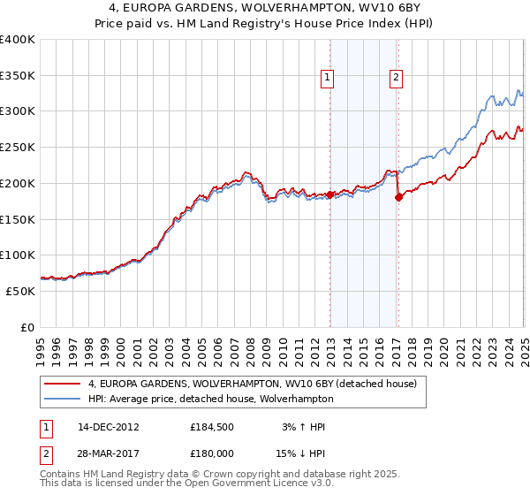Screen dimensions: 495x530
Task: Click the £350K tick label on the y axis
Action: tap(18, 76)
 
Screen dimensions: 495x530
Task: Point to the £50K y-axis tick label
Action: tap(20, 291)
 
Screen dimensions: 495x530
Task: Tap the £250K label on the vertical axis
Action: tap(18, 148)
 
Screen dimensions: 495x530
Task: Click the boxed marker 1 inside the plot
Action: tap(328, 78)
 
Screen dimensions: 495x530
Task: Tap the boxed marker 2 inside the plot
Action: tap(395, 78)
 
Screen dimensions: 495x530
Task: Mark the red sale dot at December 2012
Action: tap(329, 194)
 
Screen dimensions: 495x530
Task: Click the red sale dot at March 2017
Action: tap(398, 197)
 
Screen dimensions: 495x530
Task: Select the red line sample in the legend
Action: tap(62, 384)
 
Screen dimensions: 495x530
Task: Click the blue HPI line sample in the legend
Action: tap(62, 399)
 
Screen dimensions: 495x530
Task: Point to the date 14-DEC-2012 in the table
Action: tap(109, 428)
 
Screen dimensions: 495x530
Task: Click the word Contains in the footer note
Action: tap(59, 476)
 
